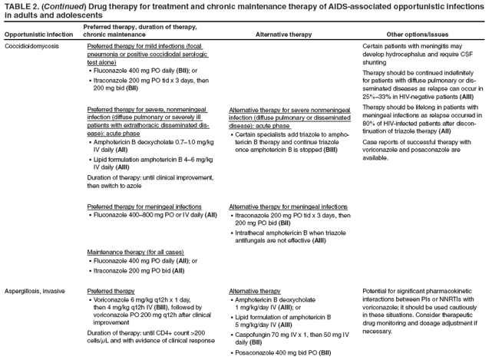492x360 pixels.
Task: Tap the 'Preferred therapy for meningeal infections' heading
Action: click(x=144, y=206)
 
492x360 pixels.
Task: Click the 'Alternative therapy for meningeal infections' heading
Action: click(x=288, y=206)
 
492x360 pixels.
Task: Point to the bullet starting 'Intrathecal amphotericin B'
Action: click(x=290, y=236)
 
